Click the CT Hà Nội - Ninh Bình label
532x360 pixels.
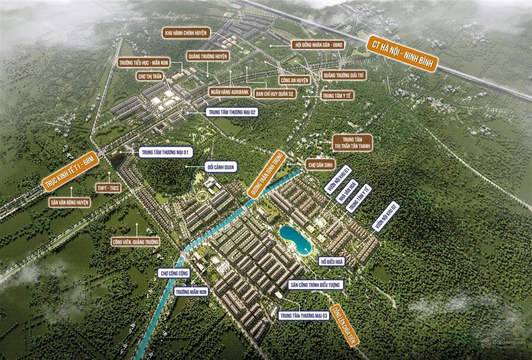403,54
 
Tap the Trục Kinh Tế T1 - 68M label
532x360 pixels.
70,171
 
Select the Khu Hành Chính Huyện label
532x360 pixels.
187,33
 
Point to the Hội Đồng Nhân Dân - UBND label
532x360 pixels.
318,45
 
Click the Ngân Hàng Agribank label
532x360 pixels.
230,91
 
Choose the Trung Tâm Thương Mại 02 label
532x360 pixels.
232,112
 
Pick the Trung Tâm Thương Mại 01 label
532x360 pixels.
166,153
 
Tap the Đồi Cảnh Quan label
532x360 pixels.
221,167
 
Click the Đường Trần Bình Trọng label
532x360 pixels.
267,174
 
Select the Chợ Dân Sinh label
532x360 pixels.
320,165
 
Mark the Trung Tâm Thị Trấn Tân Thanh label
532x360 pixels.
353,143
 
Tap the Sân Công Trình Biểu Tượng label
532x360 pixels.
316,285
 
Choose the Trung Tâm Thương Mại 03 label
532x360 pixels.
304,316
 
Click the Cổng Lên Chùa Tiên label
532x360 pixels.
345,325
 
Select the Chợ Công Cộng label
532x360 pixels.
174,273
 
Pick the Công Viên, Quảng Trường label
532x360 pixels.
136,242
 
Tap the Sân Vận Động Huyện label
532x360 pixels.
70,203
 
